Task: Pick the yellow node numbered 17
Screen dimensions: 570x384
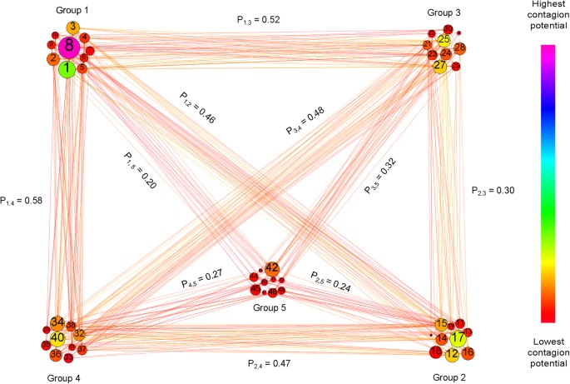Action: pos(458,339)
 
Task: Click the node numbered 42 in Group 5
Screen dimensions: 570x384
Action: pos(272,267)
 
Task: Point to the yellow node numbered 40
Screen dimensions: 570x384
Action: pos(57,338)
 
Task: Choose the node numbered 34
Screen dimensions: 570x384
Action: pos(57,322)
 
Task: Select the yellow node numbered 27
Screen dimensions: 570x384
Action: pos(440,66)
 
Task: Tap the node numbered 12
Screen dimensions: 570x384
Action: pos(451,355)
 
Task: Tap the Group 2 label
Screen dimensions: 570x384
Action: pos(450,377)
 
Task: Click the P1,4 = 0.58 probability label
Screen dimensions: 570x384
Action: pos(22,201)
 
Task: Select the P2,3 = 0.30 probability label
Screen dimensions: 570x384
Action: pos(493,190)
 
